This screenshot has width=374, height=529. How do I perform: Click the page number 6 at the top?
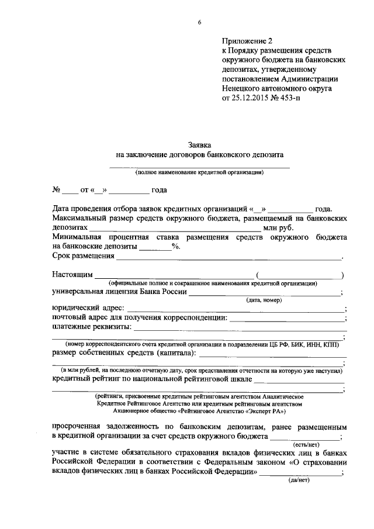point(199,23)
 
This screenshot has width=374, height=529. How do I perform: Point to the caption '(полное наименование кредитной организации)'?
point(199,172)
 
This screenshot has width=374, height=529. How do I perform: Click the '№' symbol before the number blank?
point(57,190)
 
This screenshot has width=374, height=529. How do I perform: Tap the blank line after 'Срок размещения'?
point(228,257)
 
